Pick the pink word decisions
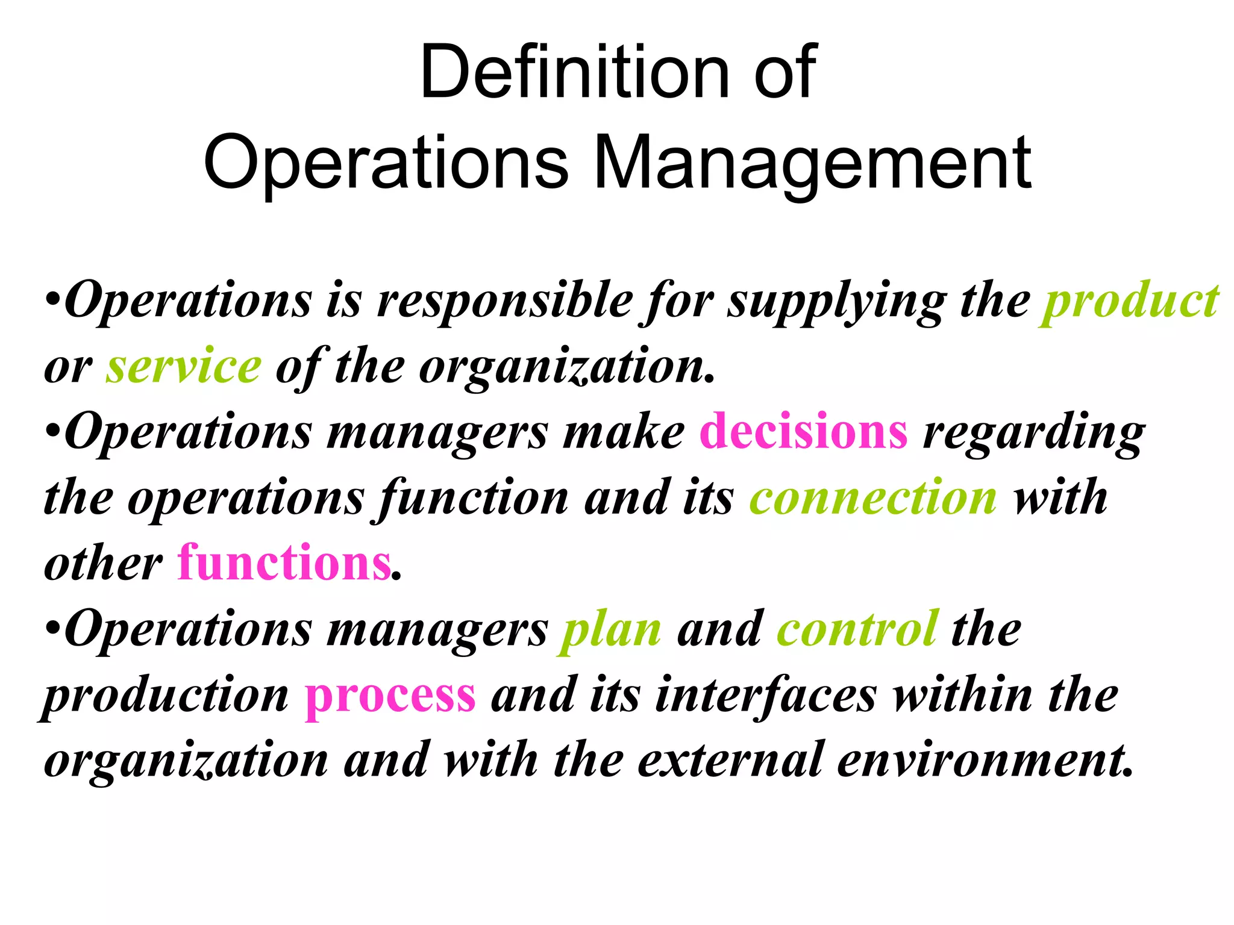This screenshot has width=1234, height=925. point(803,431)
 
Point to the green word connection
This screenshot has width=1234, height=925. point(873,497)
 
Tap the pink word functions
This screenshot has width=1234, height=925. point(284,563)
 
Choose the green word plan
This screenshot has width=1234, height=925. point(610,630)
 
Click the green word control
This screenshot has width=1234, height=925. point(857,629)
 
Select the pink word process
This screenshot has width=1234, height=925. point(390,696)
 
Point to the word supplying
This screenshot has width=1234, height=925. point(837,303)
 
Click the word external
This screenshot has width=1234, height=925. point(730,760)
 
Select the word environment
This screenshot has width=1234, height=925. point(985,760)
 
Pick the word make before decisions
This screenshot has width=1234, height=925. point(624,431)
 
